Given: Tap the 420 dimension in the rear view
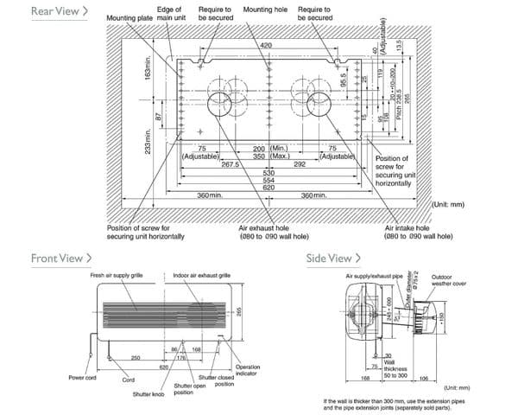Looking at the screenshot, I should click(266, 44).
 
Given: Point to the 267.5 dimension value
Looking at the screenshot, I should click(231, 163).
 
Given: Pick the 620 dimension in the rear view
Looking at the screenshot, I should click(268, 187).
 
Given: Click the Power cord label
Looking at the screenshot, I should click(81, 378).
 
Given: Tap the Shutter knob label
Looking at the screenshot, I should click(148, 393).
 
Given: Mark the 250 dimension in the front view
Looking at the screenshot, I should click(136, 357).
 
